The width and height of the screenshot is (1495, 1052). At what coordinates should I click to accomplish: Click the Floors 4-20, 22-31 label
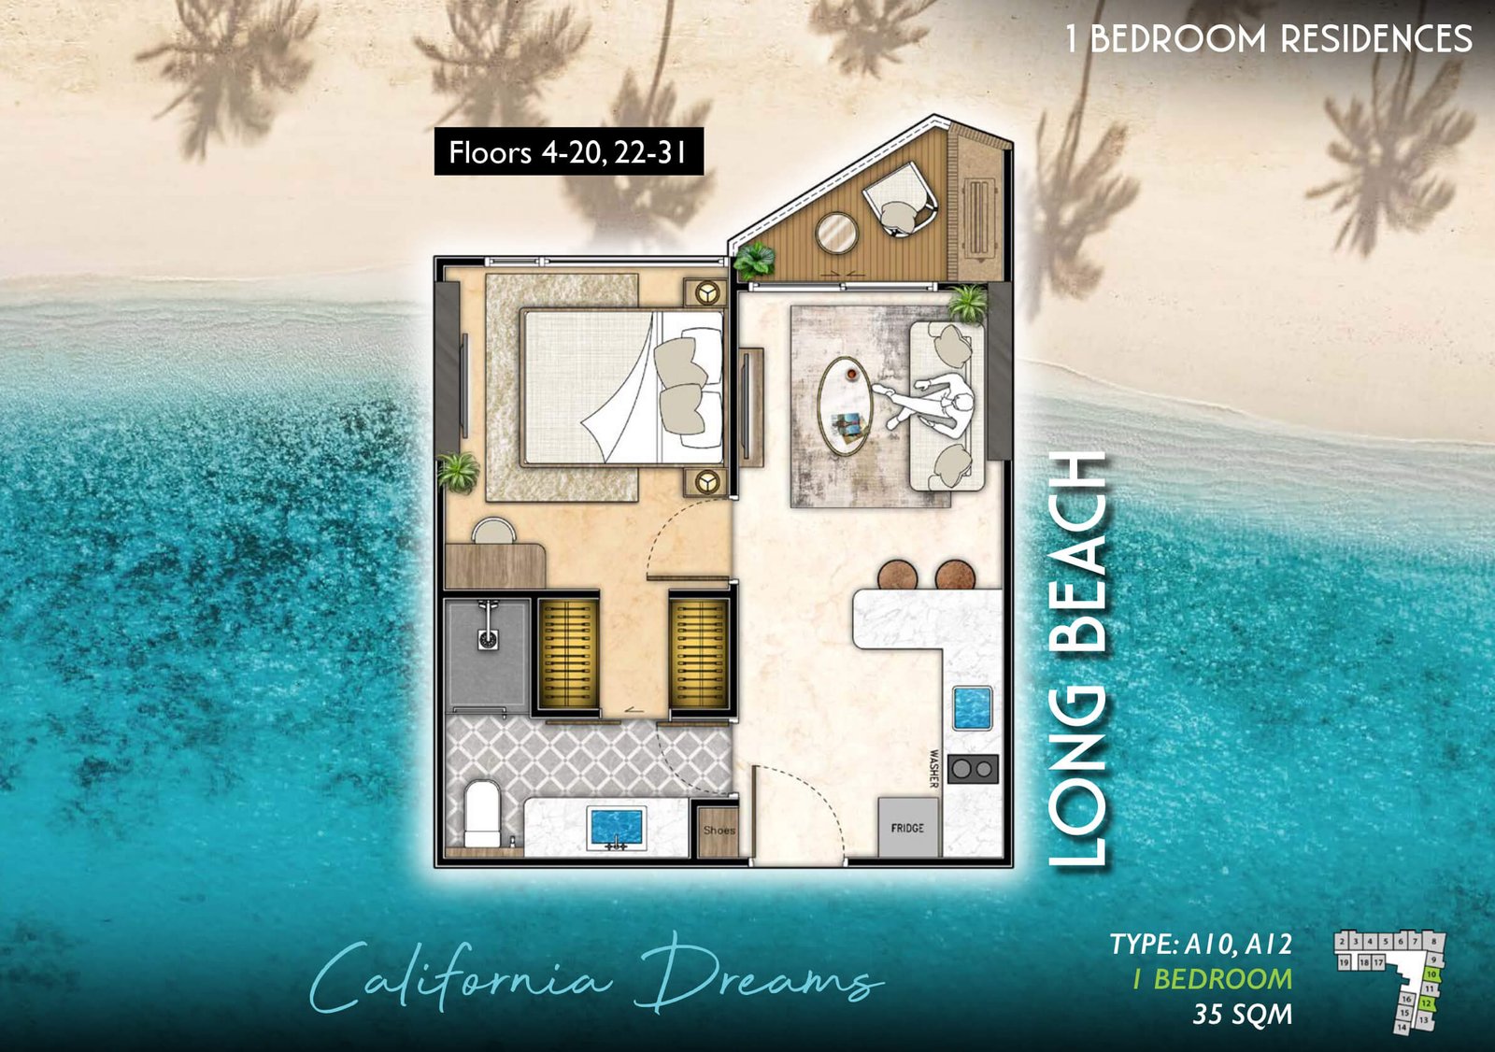click(x=568, y=152)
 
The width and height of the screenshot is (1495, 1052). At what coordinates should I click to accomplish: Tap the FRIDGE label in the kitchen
click(x=907, y=828)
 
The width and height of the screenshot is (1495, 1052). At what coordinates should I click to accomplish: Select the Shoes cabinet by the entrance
click(x=719, y=830)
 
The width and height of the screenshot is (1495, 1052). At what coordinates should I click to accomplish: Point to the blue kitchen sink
click(x=972, y=707)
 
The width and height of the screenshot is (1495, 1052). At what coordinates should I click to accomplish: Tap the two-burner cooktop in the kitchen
click(x=973, y=768)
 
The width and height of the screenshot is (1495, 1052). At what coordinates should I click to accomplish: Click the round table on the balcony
click(x=836, y=233)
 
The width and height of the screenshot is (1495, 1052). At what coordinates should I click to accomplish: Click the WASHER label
click(x=933, y=768)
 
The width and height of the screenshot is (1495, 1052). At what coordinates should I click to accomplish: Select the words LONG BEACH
click(x=1079, y=659)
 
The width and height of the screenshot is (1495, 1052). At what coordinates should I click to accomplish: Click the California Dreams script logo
click(x=595, y=979)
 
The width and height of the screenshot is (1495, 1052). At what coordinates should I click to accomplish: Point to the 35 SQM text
click(x=1242, y=1014)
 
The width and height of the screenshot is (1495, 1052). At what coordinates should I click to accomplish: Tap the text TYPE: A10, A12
click(x=1201, y=945)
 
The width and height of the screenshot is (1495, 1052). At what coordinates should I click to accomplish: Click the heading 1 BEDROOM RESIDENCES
click(x=1268, y=39)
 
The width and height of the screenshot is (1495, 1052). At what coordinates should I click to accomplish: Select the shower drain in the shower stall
click(x=488, y=640)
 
